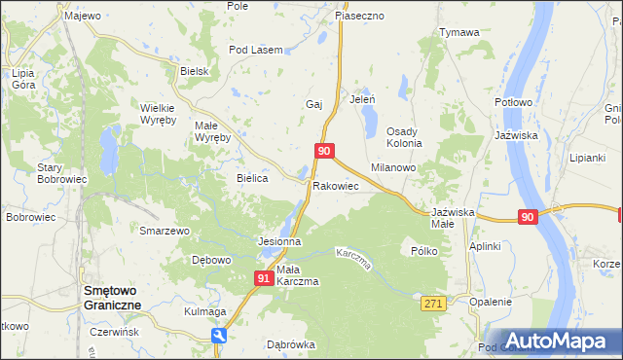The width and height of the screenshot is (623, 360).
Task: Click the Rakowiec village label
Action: [336, 186]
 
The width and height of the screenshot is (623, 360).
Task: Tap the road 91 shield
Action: [264, 278]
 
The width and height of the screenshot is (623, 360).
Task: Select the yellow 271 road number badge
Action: [433, 305]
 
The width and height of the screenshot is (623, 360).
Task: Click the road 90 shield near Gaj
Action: [325, 151]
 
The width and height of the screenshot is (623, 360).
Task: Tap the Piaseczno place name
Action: [360, 17]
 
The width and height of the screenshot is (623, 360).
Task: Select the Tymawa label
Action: [459, 33]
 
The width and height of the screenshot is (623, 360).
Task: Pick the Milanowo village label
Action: [393, 167]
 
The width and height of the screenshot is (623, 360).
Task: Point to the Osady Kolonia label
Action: [404, 137]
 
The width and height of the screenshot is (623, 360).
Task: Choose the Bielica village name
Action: [253, 179]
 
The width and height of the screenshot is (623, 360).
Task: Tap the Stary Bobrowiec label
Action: [62, 174]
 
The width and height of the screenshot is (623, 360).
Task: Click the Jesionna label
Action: [277, 241]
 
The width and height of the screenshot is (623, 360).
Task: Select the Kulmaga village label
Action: [205, 312]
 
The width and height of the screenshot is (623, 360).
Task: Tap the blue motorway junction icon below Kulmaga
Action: [221, 336]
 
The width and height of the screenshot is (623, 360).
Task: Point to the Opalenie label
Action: [490, 302]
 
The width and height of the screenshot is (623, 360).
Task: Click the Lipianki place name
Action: [588, 157]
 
